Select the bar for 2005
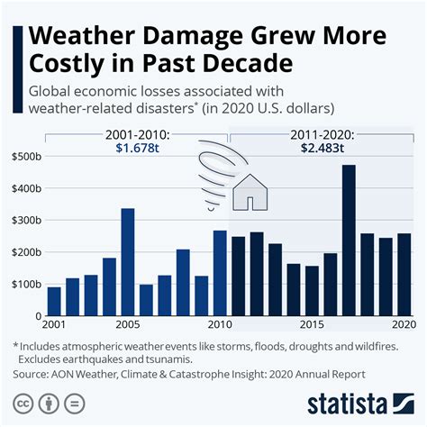(128, 262)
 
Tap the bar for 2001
(54, 302)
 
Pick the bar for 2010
(220, 274)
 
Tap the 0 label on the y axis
(38, 316)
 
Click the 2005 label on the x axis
(126, 325)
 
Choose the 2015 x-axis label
(311, 325)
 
